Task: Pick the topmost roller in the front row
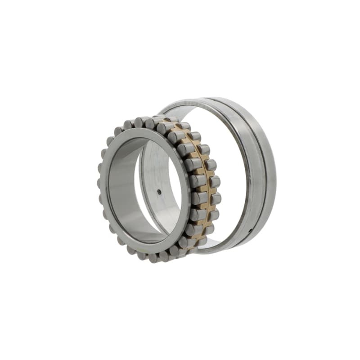[x=139, y=122]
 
